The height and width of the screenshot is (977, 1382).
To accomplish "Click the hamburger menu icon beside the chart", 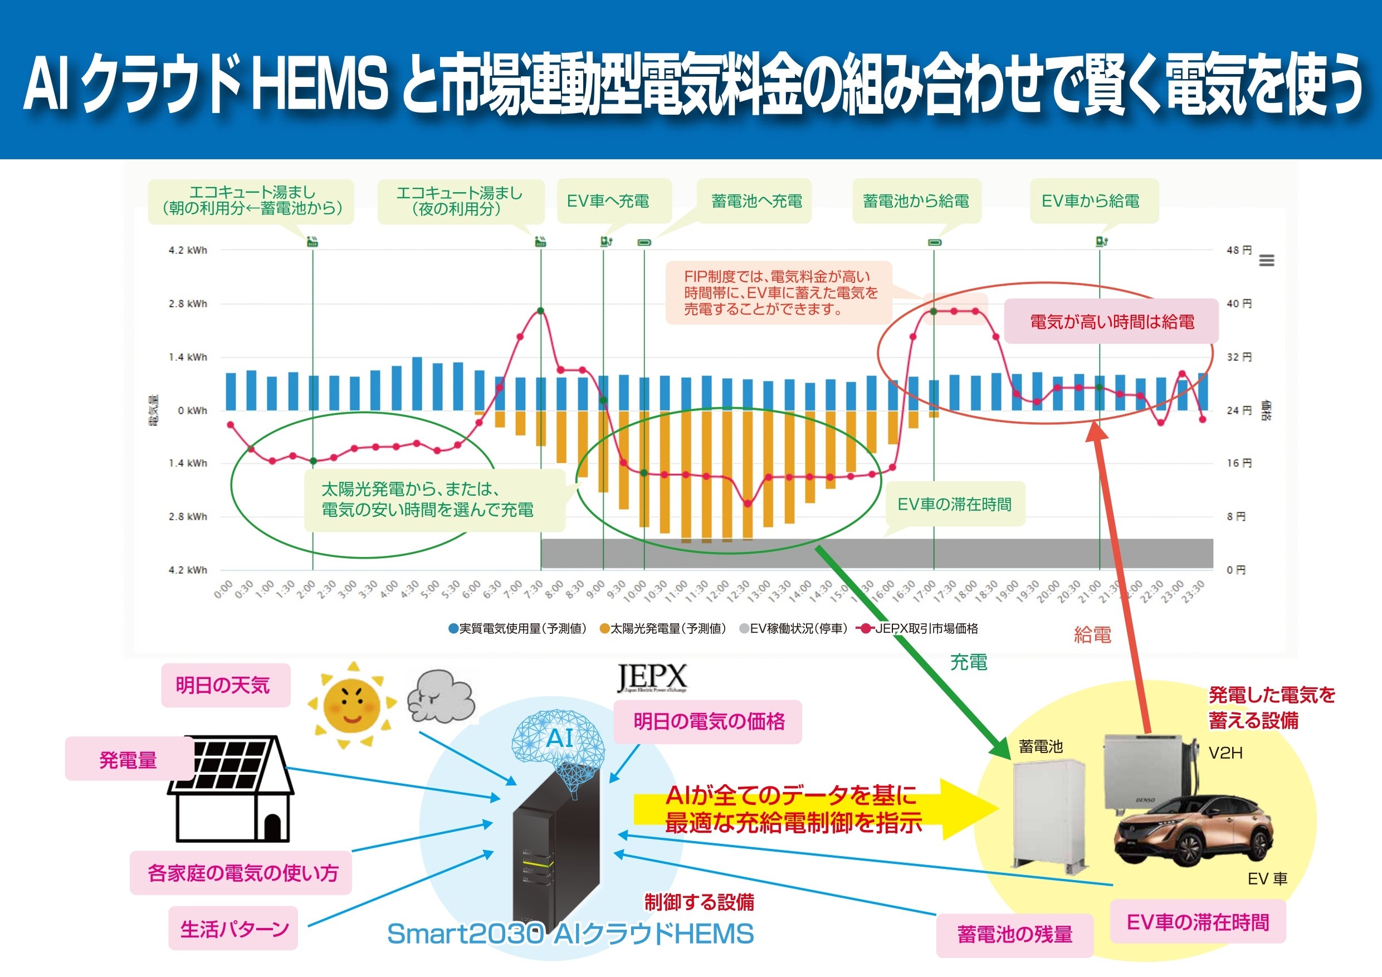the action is pos(1267,260).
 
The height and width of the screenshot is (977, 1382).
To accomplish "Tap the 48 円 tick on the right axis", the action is pos(1239,250).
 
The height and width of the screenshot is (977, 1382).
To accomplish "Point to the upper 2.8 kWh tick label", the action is pos(187,304).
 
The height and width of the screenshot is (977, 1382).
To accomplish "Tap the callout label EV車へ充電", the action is pos(608,201).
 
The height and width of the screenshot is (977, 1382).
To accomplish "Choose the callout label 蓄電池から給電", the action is pos(916,201).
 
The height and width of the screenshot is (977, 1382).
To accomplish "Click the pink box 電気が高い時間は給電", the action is pos(1112,322).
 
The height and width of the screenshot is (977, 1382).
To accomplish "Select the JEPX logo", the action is pos(652,678).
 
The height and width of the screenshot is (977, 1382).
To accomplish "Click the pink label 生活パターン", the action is pos(233,928).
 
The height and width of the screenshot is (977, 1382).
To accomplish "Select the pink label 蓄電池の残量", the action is pos(1014,935).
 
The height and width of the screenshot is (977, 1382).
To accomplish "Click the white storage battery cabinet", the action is pos(1048,813).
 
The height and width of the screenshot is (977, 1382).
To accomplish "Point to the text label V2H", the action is pos(1225,753).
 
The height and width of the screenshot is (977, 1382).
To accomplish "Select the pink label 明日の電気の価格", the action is pos(709,721).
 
